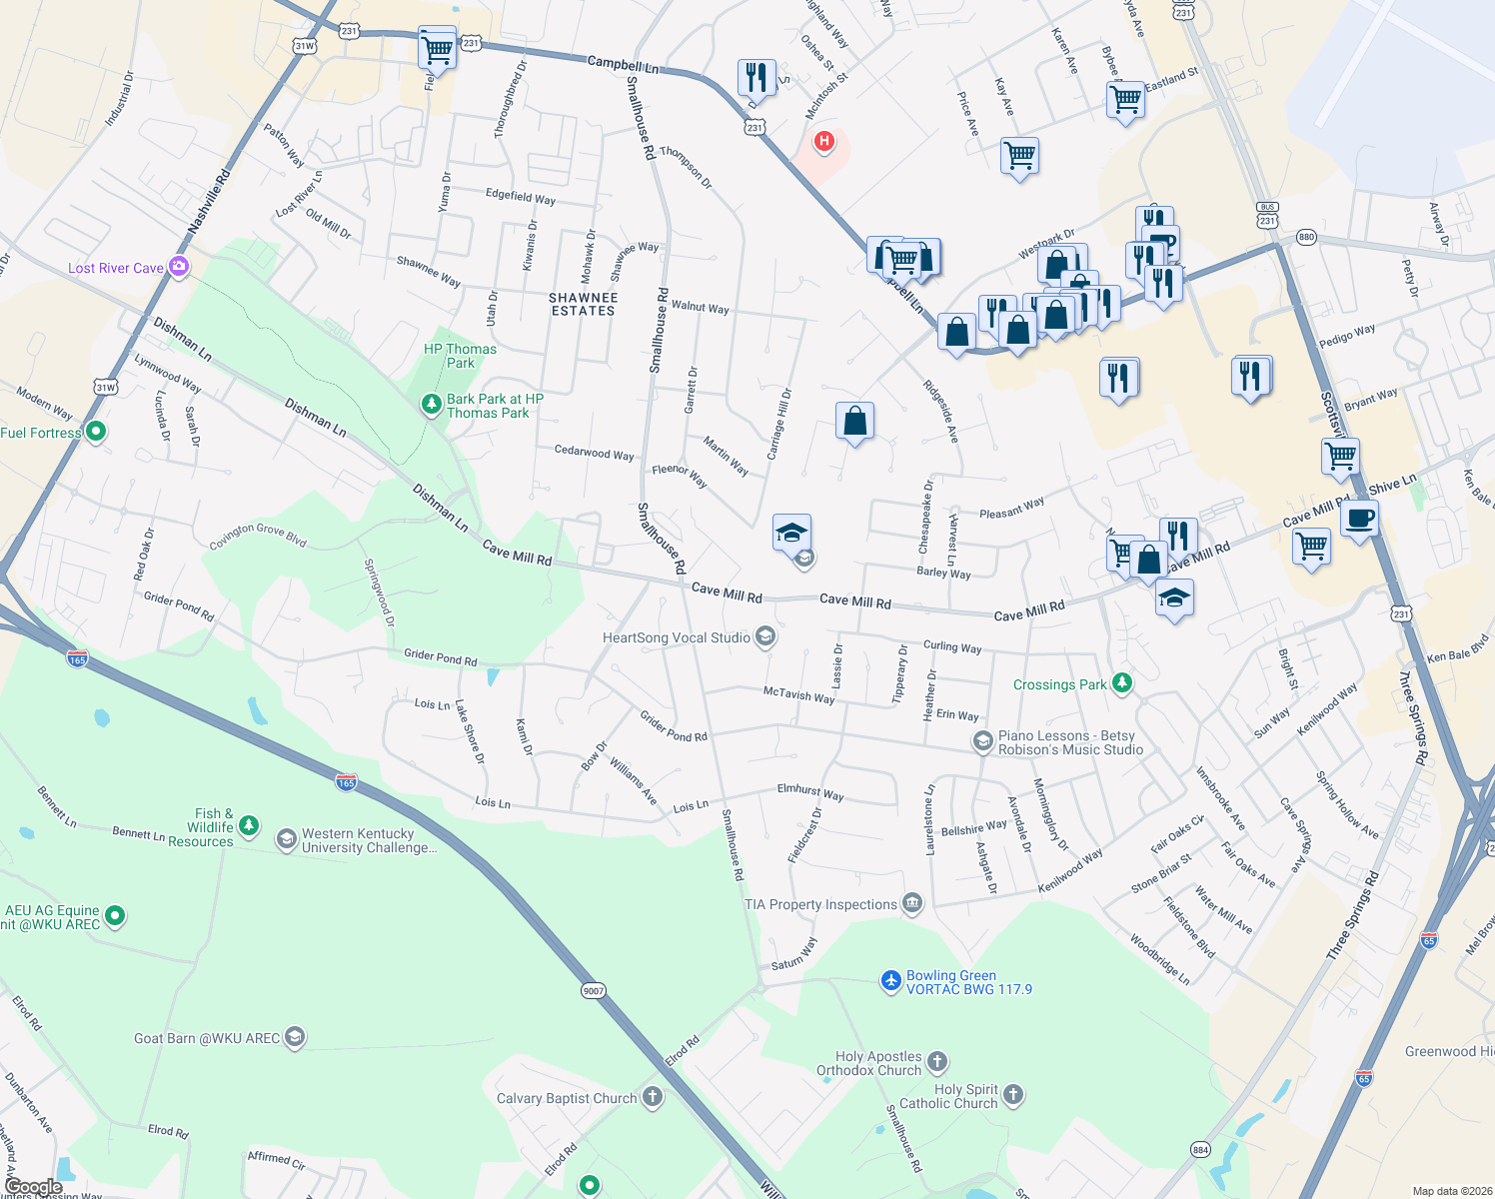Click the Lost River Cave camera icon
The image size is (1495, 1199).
coord(179,266)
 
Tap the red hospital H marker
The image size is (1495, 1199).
coord(823,142)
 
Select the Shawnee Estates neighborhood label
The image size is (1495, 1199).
coord(584,305)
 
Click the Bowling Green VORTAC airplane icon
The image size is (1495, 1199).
coord(891,981)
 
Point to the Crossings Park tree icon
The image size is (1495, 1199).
coord(1122,682)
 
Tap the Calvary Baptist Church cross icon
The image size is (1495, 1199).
coord(652,1097)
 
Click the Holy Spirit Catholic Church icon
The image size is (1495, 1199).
coord(1013,1095)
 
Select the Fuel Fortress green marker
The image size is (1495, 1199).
coord(96,432)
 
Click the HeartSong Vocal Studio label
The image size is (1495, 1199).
coord(677,637)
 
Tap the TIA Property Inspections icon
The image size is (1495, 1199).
coord(911,903)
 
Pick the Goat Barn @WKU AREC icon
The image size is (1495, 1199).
coord(294,1037)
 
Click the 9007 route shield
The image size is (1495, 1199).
coord(594,991)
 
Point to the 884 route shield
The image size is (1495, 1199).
coord(1200,1149)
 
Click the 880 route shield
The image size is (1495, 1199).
coord(1306,237)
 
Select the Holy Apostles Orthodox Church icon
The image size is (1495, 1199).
coord(936,1061)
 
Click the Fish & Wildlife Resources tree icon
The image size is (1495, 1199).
coord(249,826)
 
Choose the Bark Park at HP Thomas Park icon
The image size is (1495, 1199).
coord(431,405)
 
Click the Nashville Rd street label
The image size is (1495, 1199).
coord(209,203)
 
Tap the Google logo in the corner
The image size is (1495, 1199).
coord(34,1187)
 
